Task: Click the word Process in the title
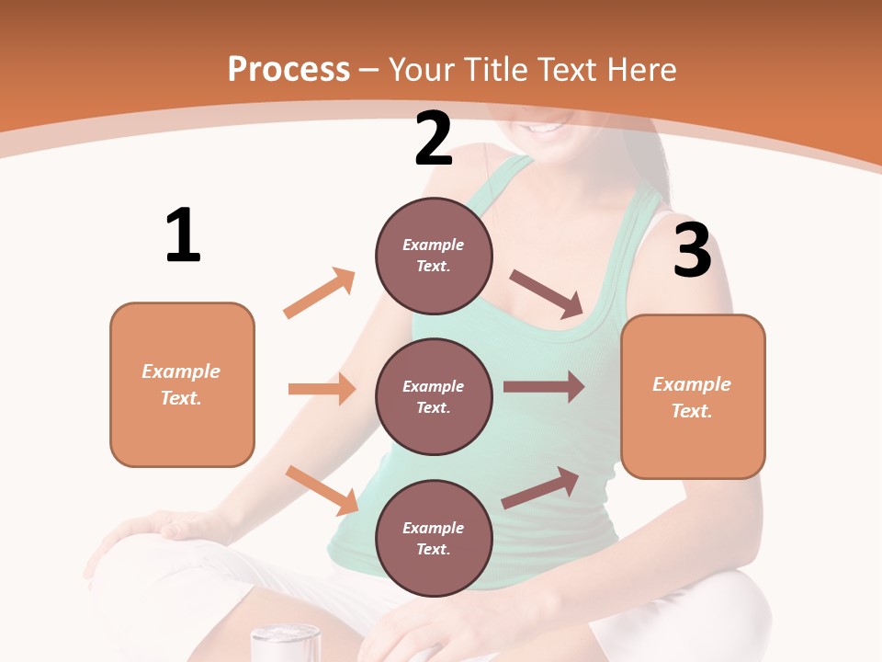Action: tap(288, 69)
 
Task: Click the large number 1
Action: tap(183, 235)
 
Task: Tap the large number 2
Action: tap(434, 139)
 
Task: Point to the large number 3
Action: tap(692, 251)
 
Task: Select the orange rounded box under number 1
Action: tap(182, 384)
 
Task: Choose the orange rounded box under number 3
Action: tap(693, 396)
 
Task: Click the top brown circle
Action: tap(434, 256)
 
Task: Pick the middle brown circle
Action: tap(434, 396)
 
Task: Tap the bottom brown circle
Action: tap(434, 538)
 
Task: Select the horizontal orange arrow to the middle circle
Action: tap(322, 389)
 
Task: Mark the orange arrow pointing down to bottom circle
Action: tap(322, 489)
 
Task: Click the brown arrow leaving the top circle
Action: tap(548, 294)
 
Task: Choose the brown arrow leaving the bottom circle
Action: tap(540, 487)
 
